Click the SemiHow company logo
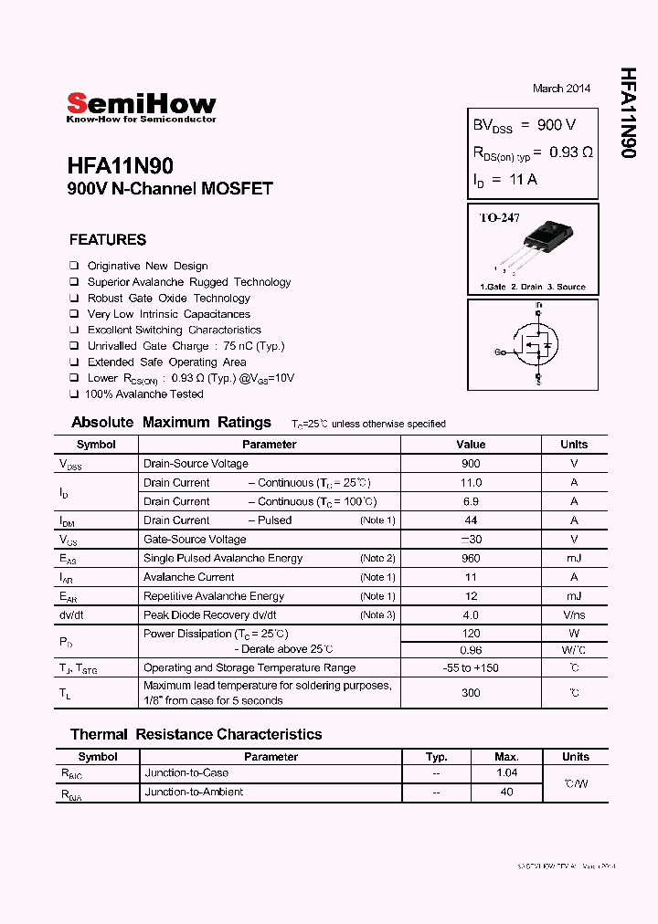[x=141, y=107]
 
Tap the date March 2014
[x=561, y=89]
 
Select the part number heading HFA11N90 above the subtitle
[x=120, y=167]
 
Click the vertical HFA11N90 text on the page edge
[x=627, y=113]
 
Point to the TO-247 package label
[x=499, y=218]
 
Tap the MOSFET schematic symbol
[x=533, y=346]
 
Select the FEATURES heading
[x=108, y=240]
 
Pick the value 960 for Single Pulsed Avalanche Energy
[x=471, y=558]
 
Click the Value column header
[x=471, y=445]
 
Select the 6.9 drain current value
[x=471, y=501]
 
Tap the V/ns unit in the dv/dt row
[x=574, y=614]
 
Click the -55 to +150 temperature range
[x=471, y=667]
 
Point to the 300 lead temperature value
[x=471, y=693]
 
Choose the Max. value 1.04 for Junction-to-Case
[x=506, y=772]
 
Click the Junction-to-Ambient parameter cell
[x=194, y=792]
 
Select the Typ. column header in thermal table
[x=437, y=757]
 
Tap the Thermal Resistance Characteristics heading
[x=196, y=734]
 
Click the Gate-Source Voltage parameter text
[x=195, y=539]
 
